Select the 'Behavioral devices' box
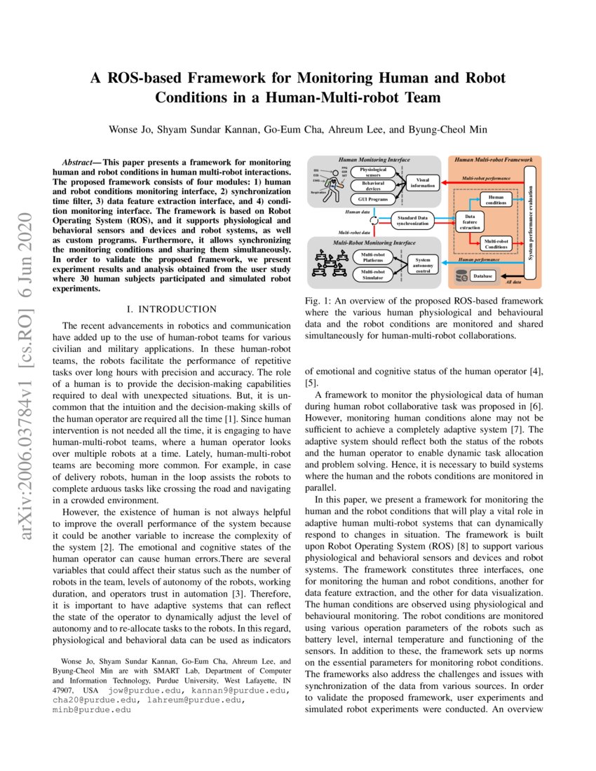click(x=373, y=186)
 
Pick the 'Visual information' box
click(x=423, y=182)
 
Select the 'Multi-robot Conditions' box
click(x=496, y=244)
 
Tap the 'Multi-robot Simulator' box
click(x=373, y=273)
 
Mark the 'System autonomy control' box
click(x=423, y=265)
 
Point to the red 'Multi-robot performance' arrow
click(x=484, y=186)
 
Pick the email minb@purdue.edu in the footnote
click(x=93, y=710)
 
